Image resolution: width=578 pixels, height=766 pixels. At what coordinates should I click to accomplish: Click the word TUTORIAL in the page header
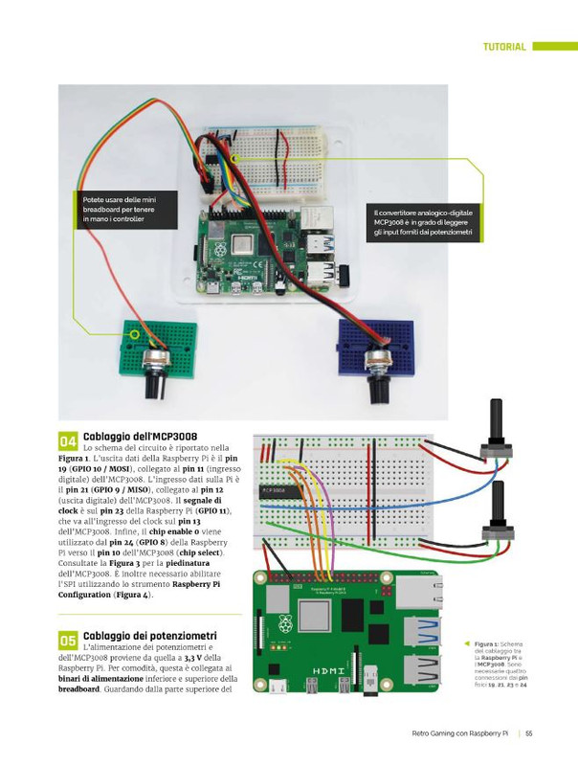(x=504, y=47)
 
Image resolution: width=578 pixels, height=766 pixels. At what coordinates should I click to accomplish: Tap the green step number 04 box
(x=69, y=441)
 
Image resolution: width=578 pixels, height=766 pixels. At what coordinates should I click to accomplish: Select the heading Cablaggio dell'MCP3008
(x=141, y=436)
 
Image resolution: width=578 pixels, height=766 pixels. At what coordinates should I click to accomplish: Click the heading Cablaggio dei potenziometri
(x=150, y=635)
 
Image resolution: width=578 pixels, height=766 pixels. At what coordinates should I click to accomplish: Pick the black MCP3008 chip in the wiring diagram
(x=285, y=493)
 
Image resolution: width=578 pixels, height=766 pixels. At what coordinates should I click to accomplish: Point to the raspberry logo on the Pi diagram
(x=284, y=625)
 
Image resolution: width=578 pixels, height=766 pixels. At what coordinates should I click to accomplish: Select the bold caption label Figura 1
(x=484, y=644)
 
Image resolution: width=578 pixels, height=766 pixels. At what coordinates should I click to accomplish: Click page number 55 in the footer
(x=528, y=734)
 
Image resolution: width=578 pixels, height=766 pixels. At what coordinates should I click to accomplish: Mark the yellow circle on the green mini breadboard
(x=135, y=335)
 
